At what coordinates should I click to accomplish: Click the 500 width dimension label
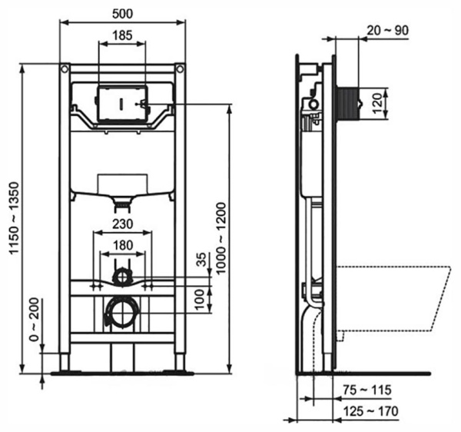tap(123, 15)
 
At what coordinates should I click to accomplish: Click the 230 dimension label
tap(121, 224)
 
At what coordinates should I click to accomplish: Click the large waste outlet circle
tap(121, 312)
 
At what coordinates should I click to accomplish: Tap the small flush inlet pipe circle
tap(121, 275)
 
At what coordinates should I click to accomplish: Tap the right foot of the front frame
tap(180, 361)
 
